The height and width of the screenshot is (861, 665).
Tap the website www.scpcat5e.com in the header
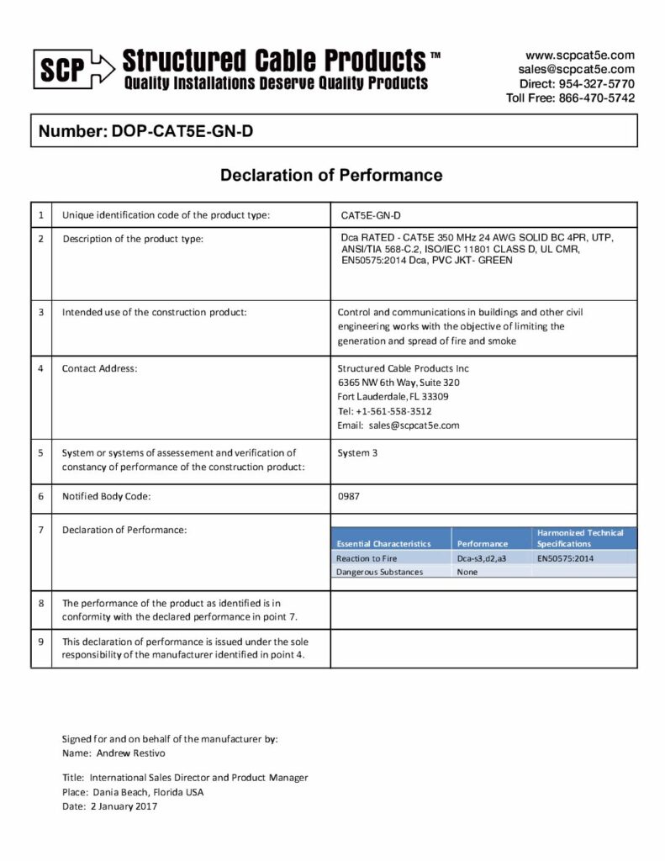click(579, 55)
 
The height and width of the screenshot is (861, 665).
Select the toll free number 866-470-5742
click(594, 98)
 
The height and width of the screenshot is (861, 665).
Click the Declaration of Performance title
click(331, 176)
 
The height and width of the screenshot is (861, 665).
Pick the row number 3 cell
click(40, 313)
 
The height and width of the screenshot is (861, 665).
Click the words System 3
click(357, 452)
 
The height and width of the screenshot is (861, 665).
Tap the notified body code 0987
click(348, 497)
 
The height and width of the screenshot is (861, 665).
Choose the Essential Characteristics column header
click(383, 544)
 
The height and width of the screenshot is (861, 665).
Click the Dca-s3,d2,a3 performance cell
click(481, 558)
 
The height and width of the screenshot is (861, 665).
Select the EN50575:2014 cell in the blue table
click(566, 558)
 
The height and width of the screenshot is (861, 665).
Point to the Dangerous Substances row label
click(379, 572)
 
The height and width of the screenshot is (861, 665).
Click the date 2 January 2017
click(124, 806)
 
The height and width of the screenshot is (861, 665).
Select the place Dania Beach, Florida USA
click(146, 792)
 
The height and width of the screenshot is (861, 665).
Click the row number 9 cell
click(40, 642)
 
